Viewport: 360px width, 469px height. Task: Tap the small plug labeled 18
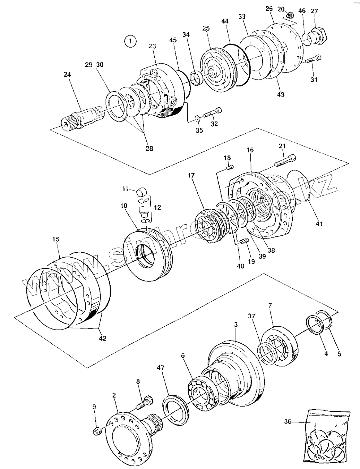(x=229, y=168)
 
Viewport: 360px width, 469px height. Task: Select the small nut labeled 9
(x=97, y=431)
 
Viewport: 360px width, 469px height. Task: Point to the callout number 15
(x=56, y=239)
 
